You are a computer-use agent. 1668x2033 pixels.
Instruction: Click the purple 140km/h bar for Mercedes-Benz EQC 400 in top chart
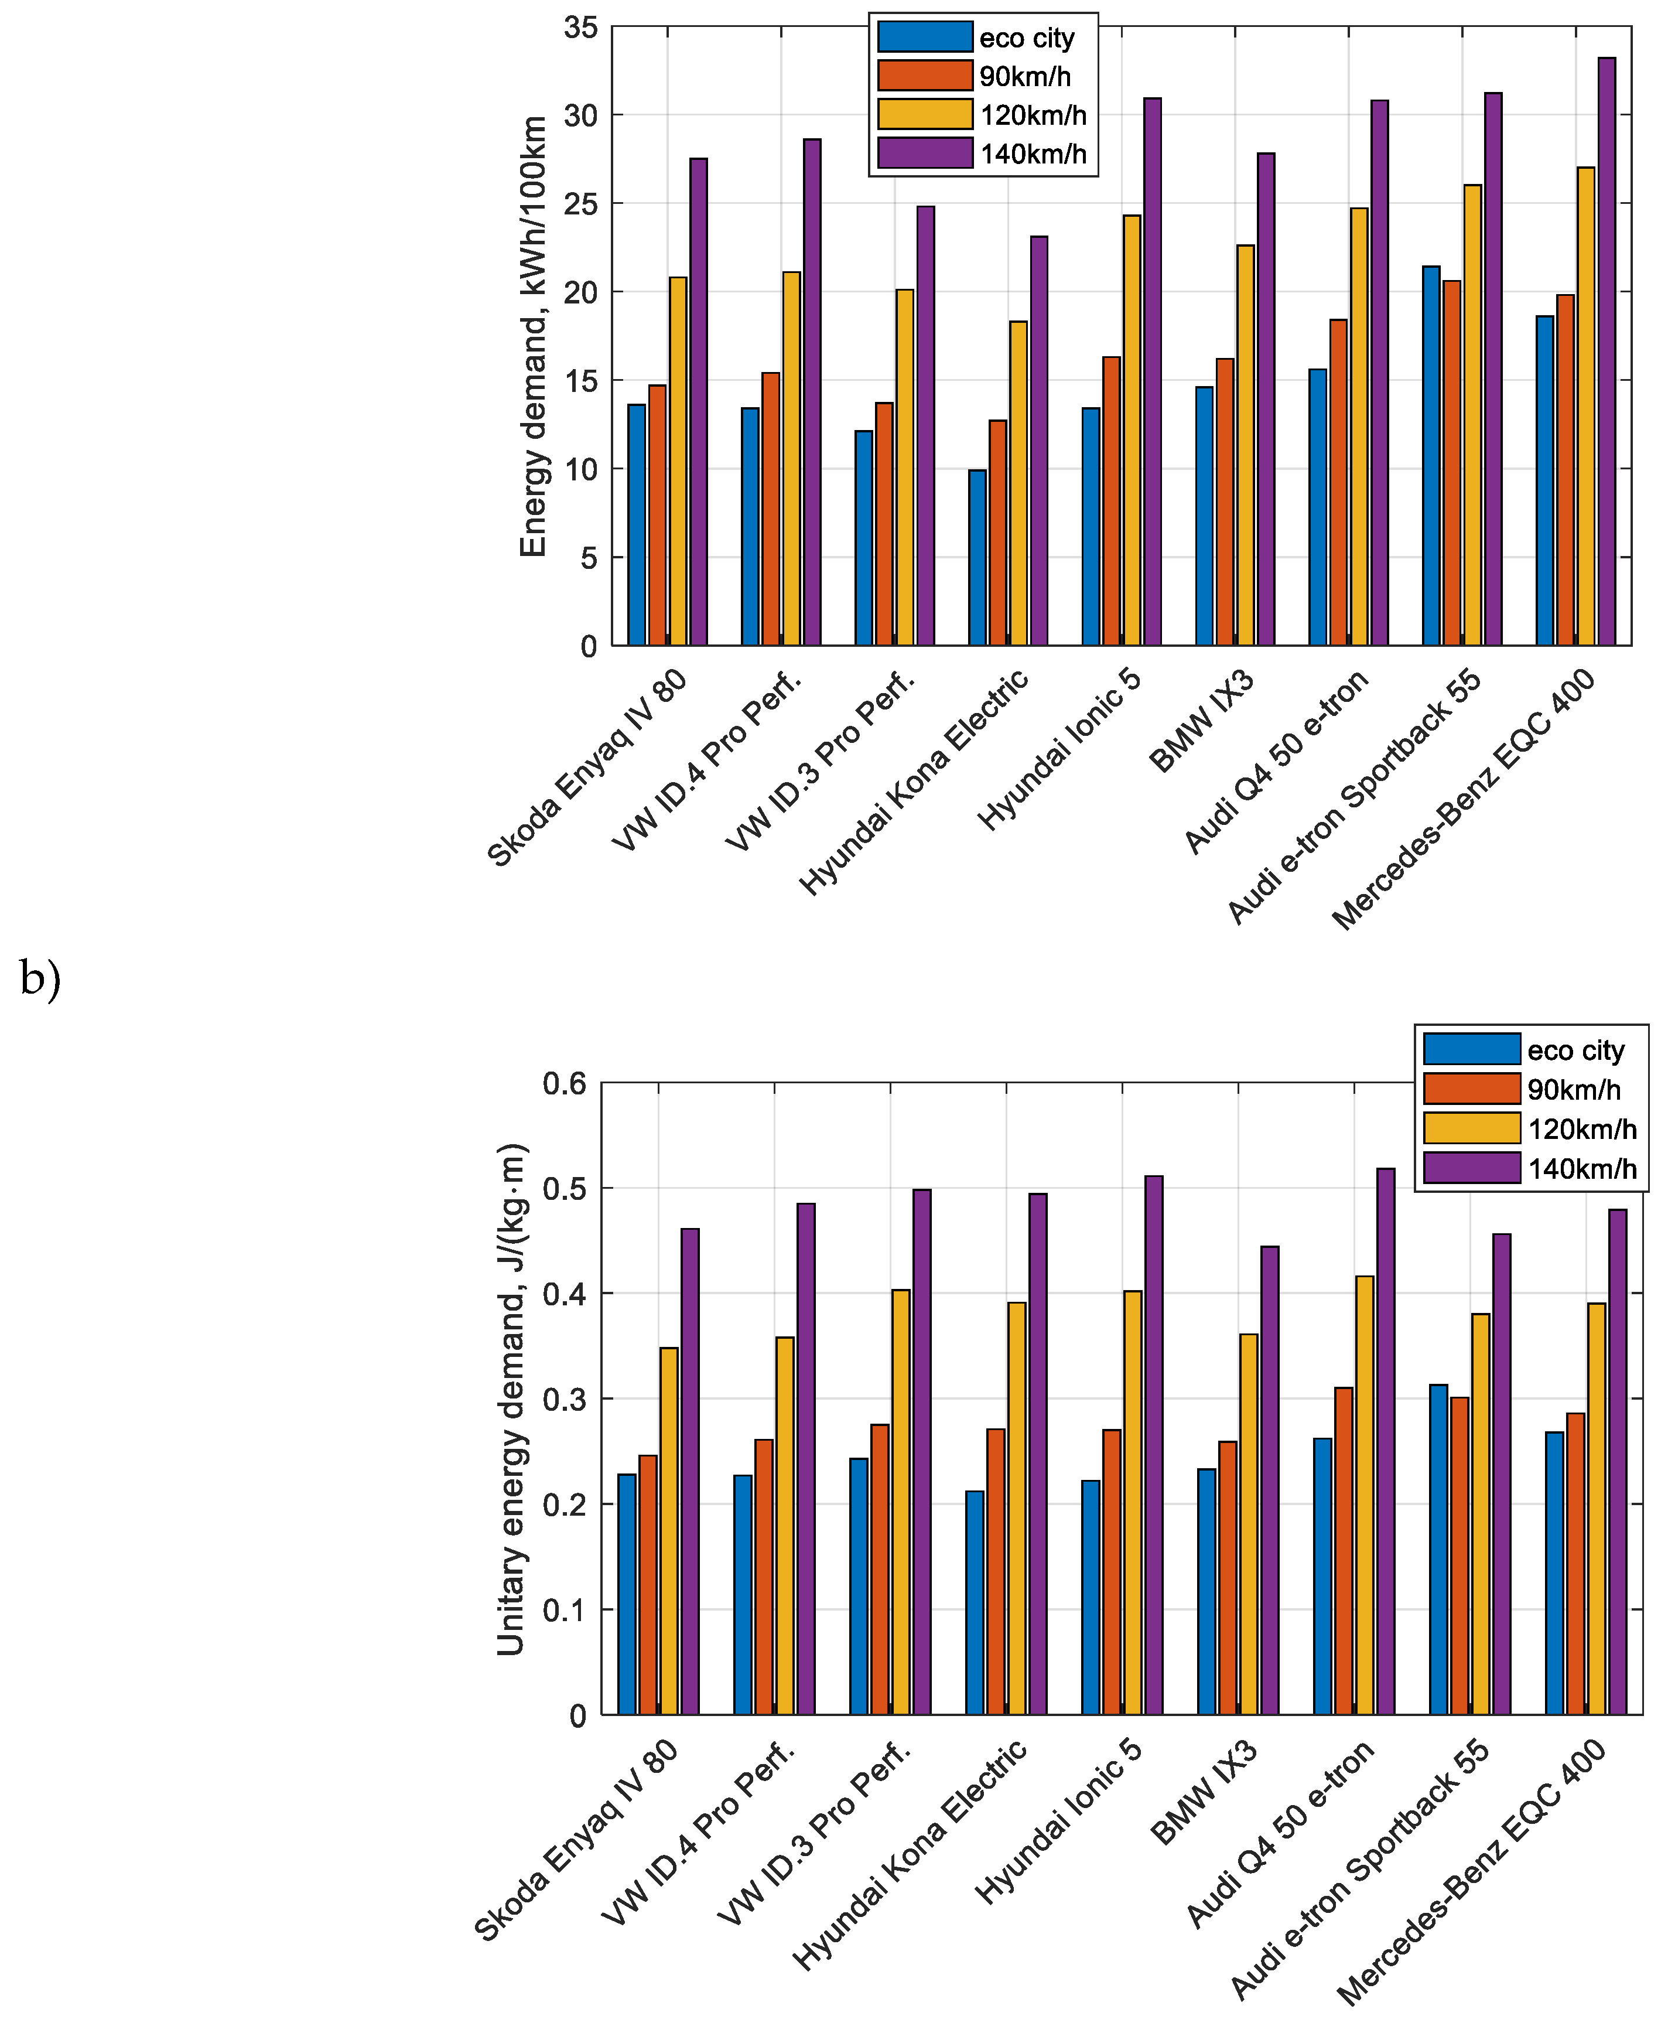pos(1607,351)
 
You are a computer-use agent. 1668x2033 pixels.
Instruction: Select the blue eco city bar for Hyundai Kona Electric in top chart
pos(977,558)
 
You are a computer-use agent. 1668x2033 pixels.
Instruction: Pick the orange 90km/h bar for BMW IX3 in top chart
pos(1225,501)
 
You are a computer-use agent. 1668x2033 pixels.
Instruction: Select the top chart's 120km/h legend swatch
pos(924,114)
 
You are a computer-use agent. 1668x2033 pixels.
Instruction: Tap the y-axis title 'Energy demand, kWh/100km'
pos(534,336)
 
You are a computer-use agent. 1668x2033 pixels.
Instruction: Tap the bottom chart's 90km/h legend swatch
pos(1471,1089)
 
